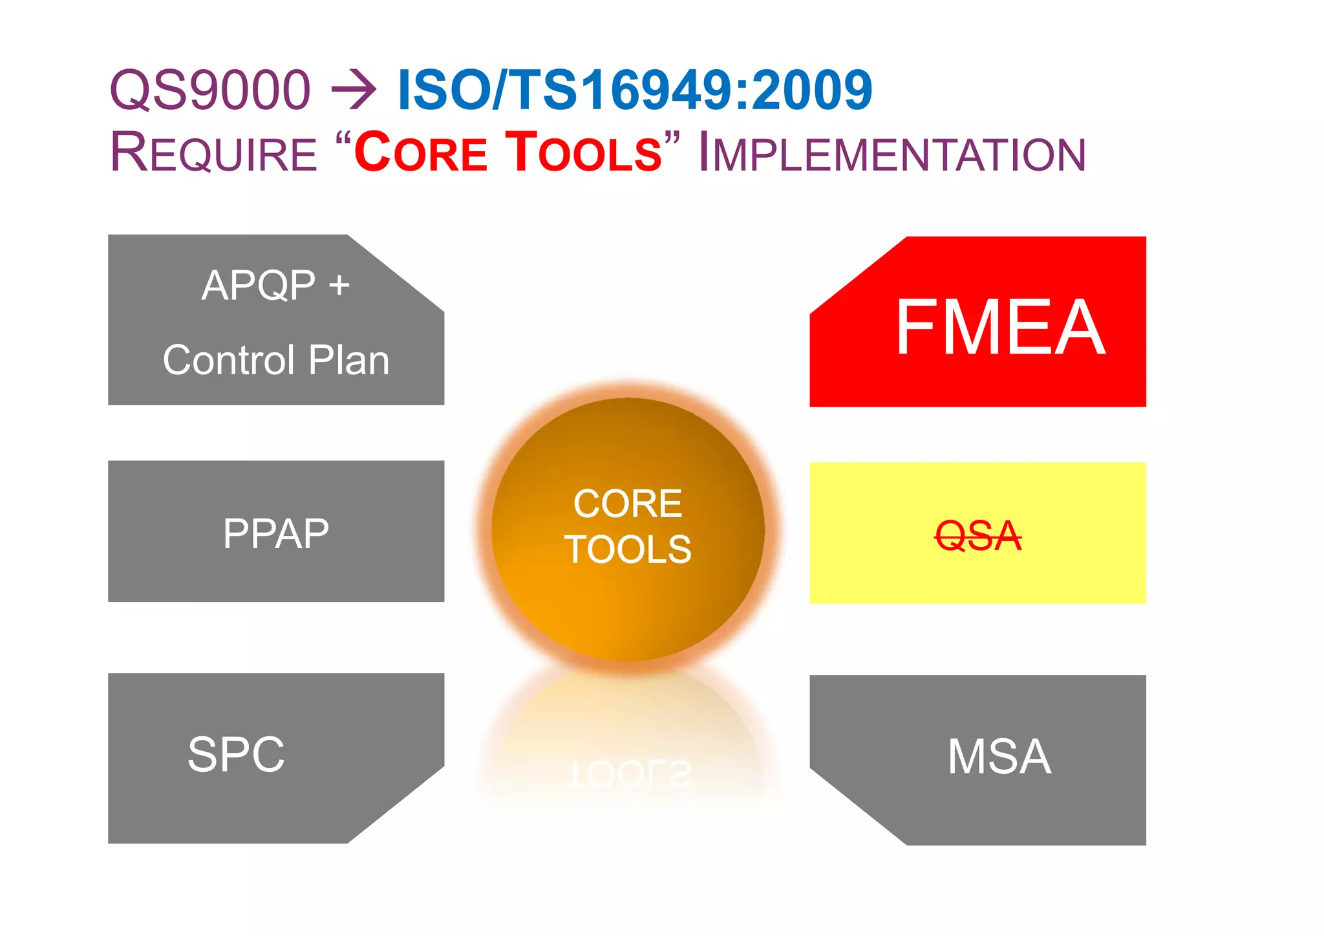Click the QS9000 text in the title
click(210, 90)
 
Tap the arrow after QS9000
click(354, 91)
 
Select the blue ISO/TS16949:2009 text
click(634, 90)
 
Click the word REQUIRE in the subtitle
click(214, 153)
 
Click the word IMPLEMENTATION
click(892, 153)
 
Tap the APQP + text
click(275, 285)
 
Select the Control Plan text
click(276, 360)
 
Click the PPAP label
click(276, 534)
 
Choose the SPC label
click(236, 754)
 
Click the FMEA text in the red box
click(999, 328)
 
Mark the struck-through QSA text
click(978, 536)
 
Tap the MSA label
click(999, 757)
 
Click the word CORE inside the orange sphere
click(628, 504)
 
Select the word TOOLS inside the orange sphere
click(628, 549)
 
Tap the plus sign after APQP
click(339, 285)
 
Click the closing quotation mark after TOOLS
click(672, 139)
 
